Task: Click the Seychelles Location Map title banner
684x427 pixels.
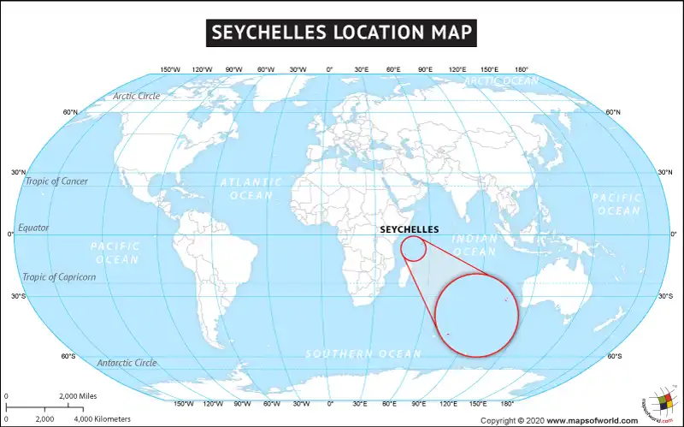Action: [x=342, y=33]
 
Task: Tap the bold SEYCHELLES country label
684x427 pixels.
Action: [x=409, y=229]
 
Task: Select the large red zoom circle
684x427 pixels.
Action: [x=477, y=313]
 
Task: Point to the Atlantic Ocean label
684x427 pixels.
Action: [x=251, y=188]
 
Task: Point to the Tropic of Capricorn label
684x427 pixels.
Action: [x=59, y=277]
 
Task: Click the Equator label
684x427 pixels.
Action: [x=34, y=228]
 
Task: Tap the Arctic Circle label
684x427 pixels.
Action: [x=136, y=96]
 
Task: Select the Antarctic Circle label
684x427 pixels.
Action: [x=127, y=363]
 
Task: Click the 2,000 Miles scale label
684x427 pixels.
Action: [x=80, y=396]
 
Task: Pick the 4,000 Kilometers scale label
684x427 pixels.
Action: [x=103, y=418]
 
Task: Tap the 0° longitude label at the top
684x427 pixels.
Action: [x=330, y=69]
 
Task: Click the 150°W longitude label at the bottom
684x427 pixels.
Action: [x=184, y=403]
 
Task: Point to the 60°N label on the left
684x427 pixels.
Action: [x=69, y=112]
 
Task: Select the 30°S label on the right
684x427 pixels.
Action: [x=665, y=296]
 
